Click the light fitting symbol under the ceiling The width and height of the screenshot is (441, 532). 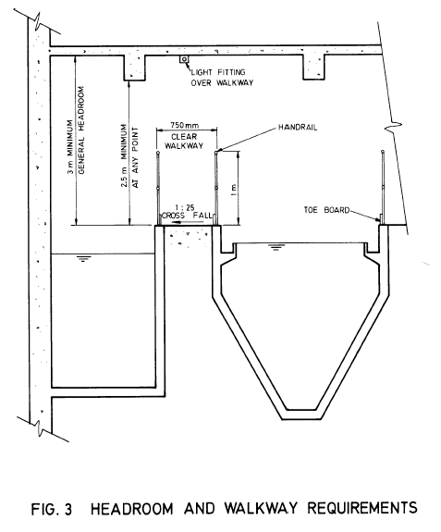[x=184, y=60]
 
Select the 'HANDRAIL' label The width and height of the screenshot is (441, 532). [x=298, y=130]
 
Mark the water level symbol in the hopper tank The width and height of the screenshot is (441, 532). [x=275, y=247]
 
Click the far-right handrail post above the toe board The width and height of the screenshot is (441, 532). [x=382, y=185]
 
